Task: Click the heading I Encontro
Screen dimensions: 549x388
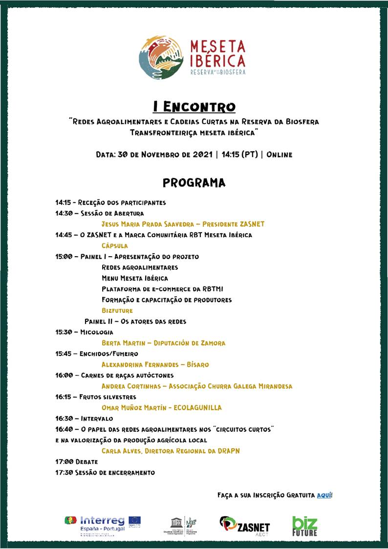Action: [194, 107]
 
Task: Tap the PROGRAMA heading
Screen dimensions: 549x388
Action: [194, 183]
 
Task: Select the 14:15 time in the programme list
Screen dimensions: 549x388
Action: [63, 202]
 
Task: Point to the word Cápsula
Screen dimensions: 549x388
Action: [115, 245]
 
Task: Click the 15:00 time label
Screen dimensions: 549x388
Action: [64, 256]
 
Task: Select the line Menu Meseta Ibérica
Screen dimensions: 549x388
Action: [135, 278]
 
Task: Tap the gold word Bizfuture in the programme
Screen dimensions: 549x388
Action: [117, 310]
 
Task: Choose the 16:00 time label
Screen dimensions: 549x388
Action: [64, 375]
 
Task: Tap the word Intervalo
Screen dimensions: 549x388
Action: [97, 418]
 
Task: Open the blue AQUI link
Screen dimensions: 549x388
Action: [324, 495]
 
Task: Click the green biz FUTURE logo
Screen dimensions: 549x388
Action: [305, 526]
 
